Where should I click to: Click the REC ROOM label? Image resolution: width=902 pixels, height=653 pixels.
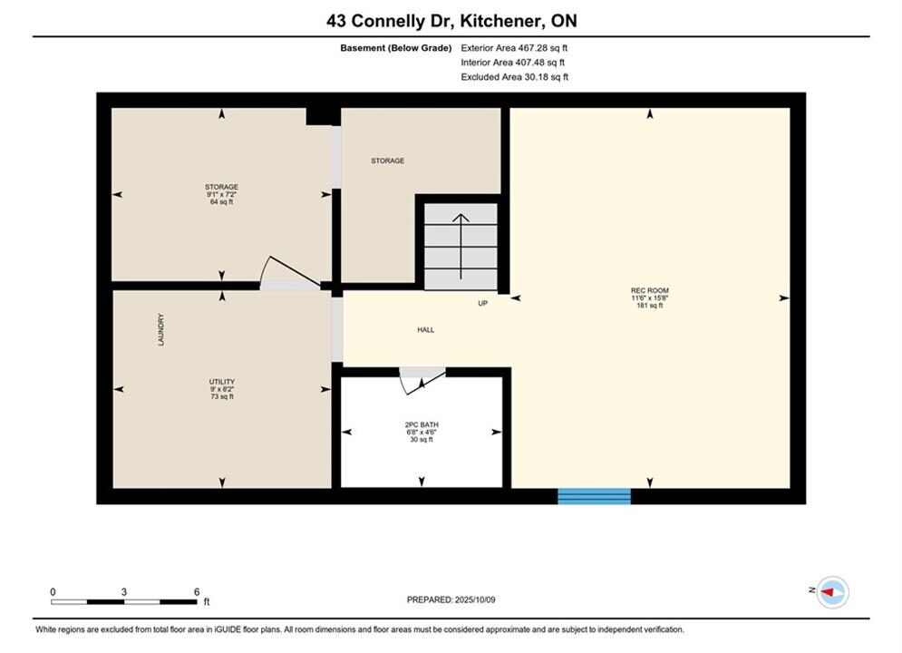649,290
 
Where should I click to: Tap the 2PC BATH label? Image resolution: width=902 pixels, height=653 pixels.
422,424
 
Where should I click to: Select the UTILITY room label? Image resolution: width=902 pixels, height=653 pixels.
222,382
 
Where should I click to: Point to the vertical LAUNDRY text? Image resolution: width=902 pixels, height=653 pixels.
161,329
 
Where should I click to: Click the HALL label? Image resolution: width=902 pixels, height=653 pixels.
426,329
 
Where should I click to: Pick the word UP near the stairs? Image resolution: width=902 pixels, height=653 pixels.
482,303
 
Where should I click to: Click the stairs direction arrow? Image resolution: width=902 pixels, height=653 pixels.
461,247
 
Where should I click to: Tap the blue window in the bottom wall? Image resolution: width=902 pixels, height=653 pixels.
595,496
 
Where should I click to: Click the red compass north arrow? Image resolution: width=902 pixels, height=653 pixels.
828,591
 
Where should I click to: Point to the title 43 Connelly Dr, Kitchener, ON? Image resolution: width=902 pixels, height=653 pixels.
451,21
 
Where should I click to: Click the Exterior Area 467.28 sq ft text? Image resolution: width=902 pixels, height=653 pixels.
514,48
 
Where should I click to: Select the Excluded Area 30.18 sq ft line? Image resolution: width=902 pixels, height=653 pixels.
514,76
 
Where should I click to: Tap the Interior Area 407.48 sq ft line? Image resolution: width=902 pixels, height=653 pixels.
512,63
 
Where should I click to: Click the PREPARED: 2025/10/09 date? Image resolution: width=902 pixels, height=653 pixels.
451,599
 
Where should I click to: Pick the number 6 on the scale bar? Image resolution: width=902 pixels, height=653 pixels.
197,591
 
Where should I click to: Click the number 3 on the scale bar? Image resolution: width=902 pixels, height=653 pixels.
123,591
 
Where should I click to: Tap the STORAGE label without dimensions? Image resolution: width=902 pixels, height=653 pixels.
388,161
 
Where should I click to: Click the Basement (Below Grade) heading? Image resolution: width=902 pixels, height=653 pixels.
396,48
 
